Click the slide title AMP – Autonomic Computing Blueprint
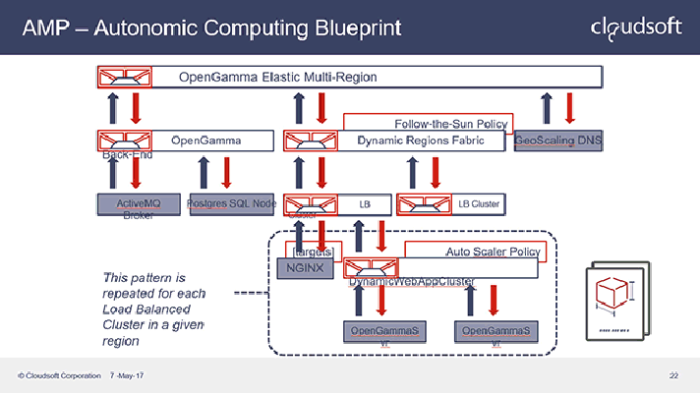click(210, 28)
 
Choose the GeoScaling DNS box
click(557, 141)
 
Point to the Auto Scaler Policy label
click(491, 253)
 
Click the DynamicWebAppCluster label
click(412, 283)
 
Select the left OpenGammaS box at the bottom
click(384, 331)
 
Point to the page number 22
click(673, 376)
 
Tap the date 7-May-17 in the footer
click(127, 376)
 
